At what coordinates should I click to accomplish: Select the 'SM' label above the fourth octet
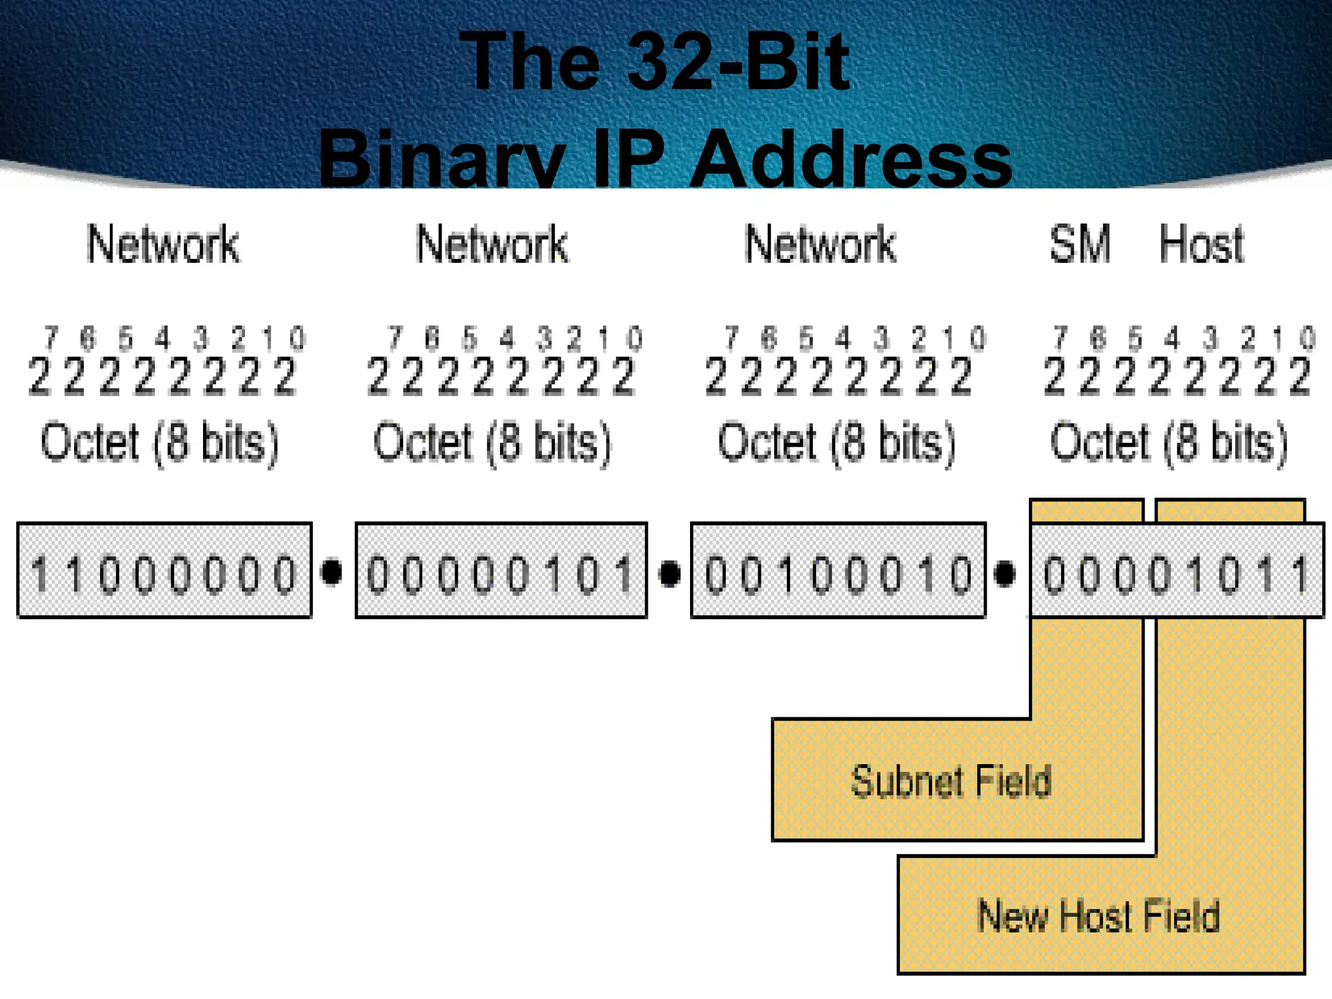(1080, 245)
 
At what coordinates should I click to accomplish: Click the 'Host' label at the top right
(1201, 245)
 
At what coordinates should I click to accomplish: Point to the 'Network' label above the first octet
(163, 245)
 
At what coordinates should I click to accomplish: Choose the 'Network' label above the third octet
(820, 245)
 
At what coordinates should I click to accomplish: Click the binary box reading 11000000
(165, 570)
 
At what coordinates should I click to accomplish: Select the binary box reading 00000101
(501, 570)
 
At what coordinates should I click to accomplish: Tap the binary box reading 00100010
(838, 570)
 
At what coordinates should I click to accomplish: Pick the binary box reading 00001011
(1177, 570)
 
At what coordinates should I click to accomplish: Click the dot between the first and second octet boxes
(332, 572)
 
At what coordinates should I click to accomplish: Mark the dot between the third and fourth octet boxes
(1005, 573)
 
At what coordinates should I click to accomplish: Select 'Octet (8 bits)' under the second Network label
(492, 443)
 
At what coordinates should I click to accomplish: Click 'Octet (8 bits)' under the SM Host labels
(1169, 443)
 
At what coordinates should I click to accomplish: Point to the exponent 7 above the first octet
(51, 338)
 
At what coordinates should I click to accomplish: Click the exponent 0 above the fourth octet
(1307, 338)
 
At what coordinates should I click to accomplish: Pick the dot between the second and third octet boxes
(669, 573)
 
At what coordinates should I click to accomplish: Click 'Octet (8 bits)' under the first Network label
(159, 443)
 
